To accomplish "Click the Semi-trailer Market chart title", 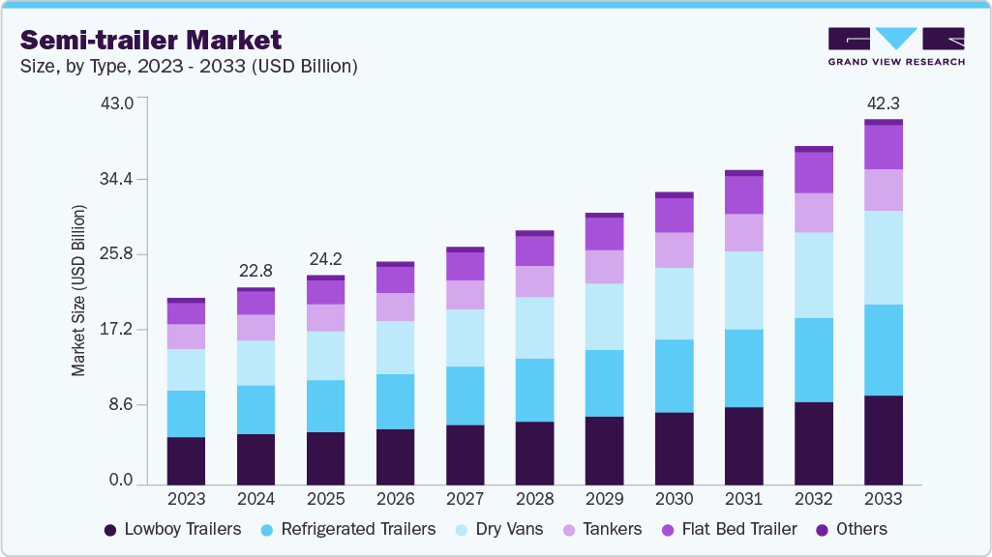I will (x=151, y=41).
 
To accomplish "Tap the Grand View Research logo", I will (x=895, y=45).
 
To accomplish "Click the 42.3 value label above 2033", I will (x=883, y=103).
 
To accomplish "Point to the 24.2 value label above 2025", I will (x=325, y=259).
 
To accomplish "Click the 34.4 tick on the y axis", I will (x=128, y=180).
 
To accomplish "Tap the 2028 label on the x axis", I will (x=534, y=499).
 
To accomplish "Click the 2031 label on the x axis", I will (x=743, y=499).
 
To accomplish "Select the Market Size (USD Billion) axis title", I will (x=79, y=291).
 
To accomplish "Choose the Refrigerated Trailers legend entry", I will (x=346, y=529).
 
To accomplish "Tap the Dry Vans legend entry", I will (x=498, y=529).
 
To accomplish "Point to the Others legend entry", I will (x=852, y=529).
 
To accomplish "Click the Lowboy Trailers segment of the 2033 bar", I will (x=883, y=440).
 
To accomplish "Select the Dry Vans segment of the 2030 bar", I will (x=674, y=304).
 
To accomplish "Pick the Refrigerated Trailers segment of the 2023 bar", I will (x=186, y=414).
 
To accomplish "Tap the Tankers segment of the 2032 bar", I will (x=813, y=213).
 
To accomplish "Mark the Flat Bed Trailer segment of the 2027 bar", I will (x=465, y=266).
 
